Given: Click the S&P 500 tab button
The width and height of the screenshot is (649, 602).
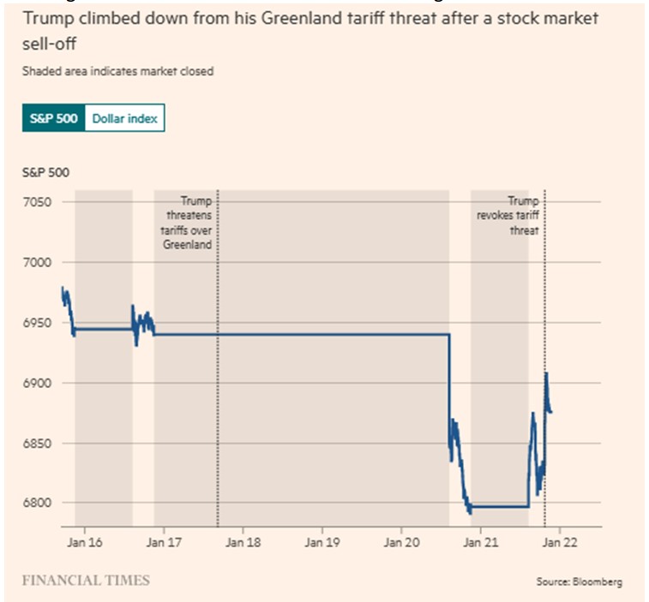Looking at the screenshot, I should pyautogui.click(x=53, y=119).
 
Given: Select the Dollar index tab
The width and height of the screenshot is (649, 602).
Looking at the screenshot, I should pyautogui.click(x=124, y=119).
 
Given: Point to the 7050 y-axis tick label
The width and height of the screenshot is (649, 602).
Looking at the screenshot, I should pyautogui.click(x=39, y=202).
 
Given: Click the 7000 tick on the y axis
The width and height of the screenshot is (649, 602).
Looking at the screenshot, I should pyautogui.click(x=39, y=262).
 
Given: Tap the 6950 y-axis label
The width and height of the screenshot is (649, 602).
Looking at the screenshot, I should pyautogui.click(x=39, y=323).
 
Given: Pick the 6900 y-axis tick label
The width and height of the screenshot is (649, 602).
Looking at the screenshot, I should pyautogui.click(x=39, y=383).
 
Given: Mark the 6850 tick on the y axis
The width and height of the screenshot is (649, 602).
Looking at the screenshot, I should pyautogui.click(x=39, y=444).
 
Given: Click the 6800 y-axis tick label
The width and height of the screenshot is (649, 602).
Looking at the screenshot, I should pyautogui.click(x=39, y=504).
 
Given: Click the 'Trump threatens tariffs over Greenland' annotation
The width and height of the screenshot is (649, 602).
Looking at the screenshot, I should pyautogui.click(x=188, y=224).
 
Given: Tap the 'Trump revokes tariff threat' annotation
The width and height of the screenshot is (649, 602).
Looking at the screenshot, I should pyautogui.click(x=509, y=216).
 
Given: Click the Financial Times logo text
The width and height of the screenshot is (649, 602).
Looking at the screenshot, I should pyautogui.click(x=86, y=581).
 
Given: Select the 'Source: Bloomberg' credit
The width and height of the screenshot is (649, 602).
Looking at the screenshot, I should pyautogui.click(x=580, y=582).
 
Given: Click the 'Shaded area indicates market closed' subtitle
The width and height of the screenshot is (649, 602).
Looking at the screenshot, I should pyautogui.click(x=118, y=72).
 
